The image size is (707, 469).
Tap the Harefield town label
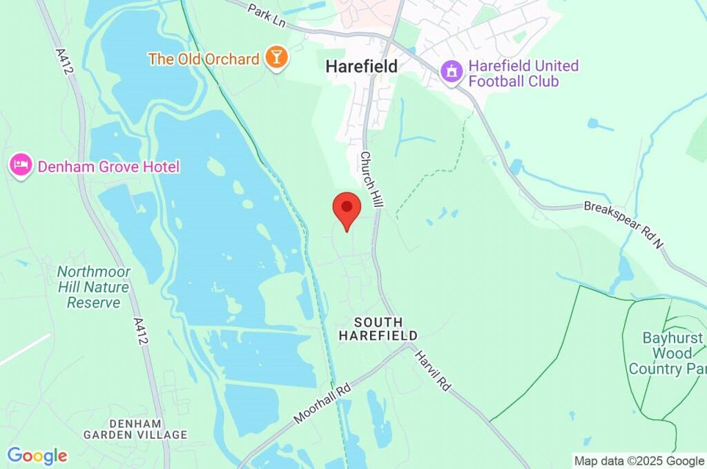tap(362, 67)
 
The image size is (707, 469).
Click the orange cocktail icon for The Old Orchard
tap(276, 59)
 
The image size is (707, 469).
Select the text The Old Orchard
tap(204, 59)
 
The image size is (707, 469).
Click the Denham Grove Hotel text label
tap(108, 167)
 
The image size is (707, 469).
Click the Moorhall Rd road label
tap(322, 403)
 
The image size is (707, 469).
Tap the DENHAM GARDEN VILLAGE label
tap(135, 428)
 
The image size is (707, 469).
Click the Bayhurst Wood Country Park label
tap(667, 353)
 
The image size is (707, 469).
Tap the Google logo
tap(37, 455)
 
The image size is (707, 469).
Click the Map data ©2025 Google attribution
tap(639, 461)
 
